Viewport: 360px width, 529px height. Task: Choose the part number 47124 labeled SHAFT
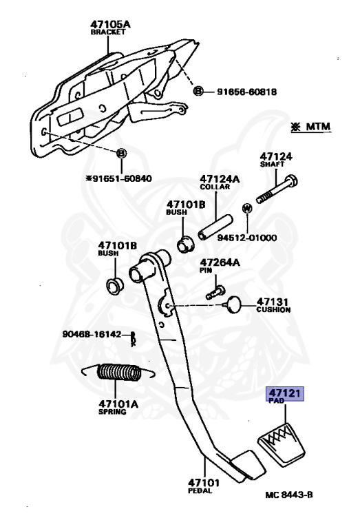tap(275, 156)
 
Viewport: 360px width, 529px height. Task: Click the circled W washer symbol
tap(246, 207)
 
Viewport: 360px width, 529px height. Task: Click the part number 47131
tap(274, 301)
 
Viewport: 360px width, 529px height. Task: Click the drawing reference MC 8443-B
tap(294, 495)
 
